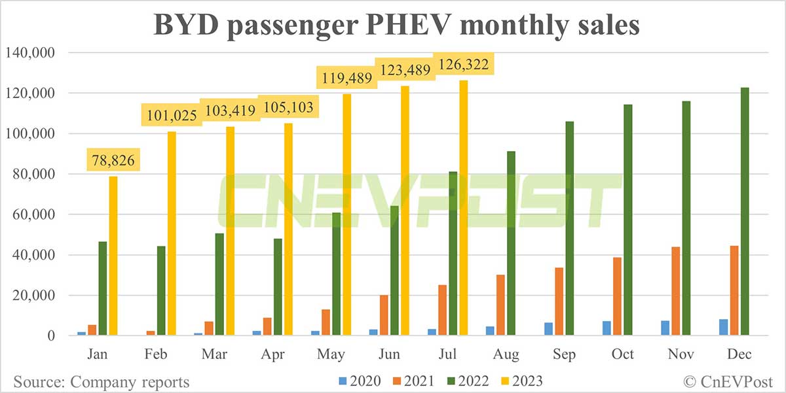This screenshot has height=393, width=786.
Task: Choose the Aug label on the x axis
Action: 506,354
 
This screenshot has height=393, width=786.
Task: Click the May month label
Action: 331,354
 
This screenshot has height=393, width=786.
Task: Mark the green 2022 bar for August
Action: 512,243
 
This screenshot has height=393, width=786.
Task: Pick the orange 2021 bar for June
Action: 384,315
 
